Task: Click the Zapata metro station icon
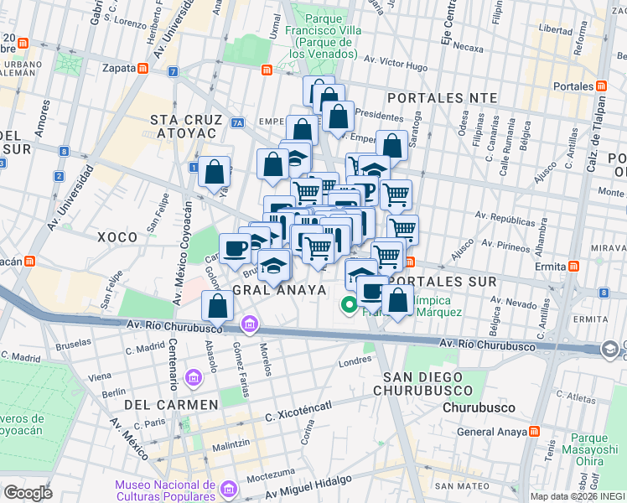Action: (143, 69)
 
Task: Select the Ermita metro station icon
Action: (573, 266)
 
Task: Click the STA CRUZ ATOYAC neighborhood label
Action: (184, 127)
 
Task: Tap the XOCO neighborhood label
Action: (117, 237)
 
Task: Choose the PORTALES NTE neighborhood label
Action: (448, 97)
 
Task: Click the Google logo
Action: (28, 492)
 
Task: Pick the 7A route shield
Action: (237, 123)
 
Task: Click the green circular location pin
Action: (346, 305)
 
